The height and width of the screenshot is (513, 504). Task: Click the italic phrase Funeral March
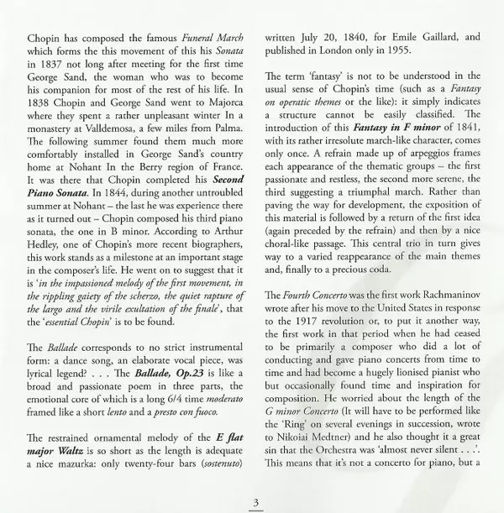coord(206,39)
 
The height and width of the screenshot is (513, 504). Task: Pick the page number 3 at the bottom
coord(253,501)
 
